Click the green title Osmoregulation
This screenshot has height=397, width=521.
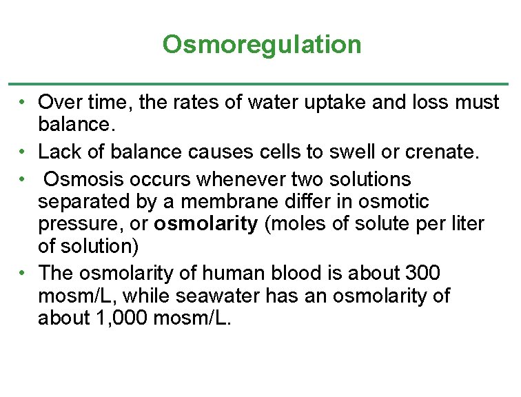click(261, 45)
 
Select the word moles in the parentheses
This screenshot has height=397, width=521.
click(289, 225)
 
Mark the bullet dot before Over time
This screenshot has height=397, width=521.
click(23, 103)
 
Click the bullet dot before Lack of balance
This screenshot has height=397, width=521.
click(23, 151)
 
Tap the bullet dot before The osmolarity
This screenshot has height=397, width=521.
click(23, 273)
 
